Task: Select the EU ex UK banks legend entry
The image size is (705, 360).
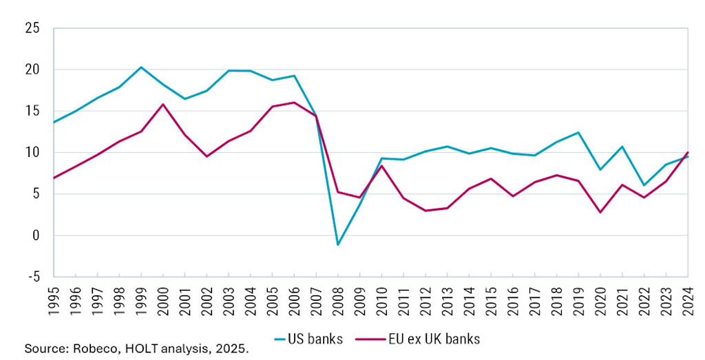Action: [419, 339]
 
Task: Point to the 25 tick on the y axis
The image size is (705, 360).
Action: [31, 28]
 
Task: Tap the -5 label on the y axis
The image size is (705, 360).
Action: [32, 277]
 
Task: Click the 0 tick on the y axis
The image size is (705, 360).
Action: [35, 235]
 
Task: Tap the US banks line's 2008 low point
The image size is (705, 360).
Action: [337, 244]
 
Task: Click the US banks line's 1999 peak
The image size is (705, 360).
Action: [140, 67]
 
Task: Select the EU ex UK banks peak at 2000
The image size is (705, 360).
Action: [162, 105]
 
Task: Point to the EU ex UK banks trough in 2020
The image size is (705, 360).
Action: [600, 212]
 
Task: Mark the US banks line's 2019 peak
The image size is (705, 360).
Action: [578, 132]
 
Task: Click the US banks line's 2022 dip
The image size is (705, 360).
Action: [644, 185]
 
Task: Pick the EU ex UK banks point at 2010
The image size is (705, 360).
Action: [381, 166]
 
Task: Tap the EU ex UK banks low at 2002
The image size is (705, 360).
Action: [207, 156]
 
